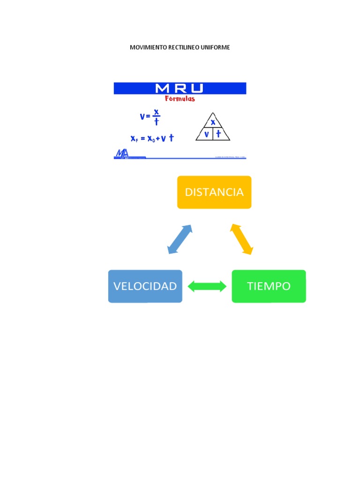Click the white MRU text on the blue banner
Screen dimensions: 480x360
(x=180, y=88)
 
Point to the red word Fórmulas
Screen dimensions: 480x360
(x=180, y=99)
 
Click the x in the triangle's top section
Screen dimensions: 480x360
(x=213, y=122)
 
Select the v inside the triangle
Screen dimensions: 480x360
(x=206, y=134)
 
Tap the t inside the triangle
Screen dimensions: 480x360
(x=218, y=134)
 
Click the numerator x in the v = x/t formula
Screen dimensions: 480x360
(x=157, y=112)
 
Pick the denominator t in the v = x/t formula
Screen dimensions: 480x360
(x=157, y=121)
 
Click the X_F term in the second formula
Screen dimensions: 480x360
(x=135, y=138)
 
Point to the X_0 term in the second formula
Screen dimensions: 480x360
(x=150, y=138)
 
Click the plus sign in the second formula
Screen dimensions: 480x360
(x=157, y=138)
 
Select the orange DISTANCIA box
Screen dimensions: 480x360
(x=214, y=192)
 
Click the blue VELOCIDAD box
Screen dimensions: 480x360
(x=145, y=286)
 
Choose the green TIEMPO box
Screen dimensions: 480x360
(x=269, y=286)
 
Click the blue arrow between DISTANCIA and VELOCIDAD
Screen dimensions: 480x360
(x=180, y=239)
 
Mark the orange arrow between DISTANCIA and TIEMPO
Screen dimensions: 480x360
(x=241, y=239)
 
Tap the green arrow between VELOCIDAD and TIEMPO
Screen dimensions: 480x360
(x=207, y=286)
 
